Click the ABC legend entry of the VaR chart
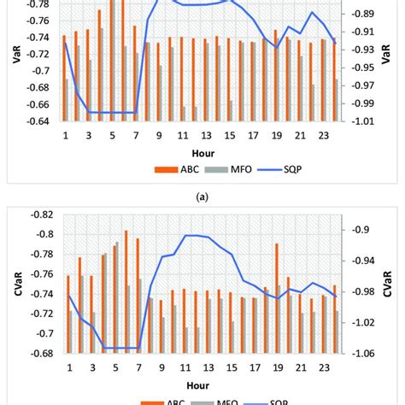(x=174, y=168)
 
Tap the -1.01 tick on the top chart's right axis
(x=361, y=121)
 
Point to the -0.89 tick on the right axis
(x=361, y=14)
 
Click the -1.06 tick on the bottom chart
(x=361, y=353)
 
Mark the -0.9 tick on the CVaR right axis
(x=359, y=229)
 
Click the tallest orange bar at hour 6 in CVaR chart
(x=126, y=291)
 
